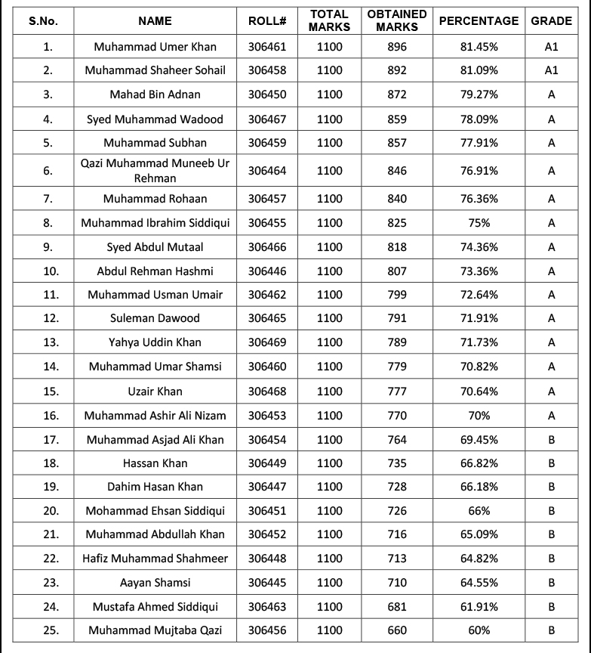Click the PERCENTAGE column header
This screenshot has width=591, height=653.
point(479,21)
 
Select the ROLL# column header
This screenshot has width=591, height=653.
point(267,21)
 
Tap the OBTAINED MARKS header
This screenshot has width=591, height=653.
point(397,20)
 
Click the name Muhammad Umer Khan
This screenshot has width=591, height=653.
point(155,47)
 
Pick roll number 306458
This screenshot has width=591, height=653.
point(267,70)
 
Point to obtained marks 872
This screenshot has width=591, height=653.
point(397,94)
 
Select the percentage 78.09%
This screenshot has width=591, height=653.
point(479,119)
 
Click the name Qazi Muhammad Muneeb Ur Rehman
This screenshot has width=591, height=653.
point(155,171)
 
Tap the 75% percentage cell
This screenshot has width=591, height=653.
point(479,223)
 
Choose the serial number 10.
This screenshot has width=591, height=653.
point(48,271)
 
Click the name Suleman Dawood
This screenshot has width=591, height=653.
point(155,318)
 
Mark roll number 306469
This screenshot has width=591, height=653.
point(267,342)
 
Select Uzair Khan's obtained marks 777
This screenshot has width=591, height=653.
point(397,391)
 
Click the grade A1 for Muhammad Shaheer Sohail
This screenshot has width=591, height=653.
point(551,70)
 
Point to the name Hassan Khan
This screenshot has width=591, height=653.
point(155,463)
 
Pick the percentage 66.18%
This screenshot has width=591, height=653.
point(479,487)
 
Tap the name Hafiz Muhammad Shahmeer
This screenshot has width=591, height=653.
point(155,559)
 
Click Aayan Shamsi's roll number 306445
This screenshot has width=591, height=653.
point(267,583)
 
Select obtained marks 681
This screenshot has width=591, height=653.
point(397,606)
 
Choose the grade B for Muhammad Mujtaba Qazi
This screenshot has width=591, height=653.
point(551,630)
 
